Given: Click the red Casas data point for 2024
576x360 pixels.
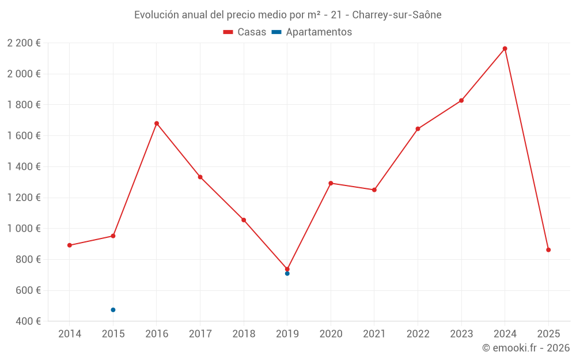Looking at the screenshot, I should [505, 48].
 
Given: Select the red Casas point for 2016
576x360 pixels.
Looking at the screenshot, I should [157, 123].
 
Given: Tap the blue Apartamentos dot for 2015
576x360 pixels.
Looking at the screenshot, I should [113, 310].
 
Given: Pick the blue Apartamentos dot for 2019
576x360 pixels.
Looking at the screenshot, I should [287, 274].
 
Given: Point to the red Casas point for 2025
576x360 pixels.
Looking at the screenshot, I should [548, 250].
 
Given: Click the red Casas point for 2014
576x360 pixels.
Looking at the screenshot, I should [70, 245].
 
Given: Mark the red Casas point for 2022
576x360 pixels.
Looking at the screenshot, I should [418, 129].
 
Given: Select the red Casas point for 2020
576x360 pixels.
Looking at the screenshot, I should [331, 183].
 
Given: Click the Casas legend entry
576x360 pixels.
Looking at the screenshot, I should [245, 32].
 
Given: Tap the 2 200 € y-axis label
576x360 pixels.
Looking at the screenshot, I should [24, 43].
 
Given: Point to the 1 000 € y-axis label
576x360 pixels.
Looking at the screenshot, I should [24, 229].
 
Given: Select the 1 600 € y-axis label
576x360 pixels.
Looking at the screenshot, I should [24, 136].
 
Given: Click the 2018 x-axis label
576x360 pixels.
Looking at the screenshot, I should [244, 334].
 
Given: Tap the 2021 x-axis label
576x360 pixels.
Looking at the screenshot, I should [374, 334].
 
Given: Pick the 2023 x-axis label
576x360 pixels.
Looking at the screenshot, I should [461, 334].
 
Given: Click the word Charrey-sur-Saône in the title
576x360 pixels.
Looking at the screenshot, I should [397, 15].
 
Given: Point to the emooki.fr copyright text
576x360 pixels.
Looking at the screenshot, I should [525, 348].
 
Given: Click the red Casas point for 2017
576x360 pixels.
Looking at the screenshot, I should [200, 177].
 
